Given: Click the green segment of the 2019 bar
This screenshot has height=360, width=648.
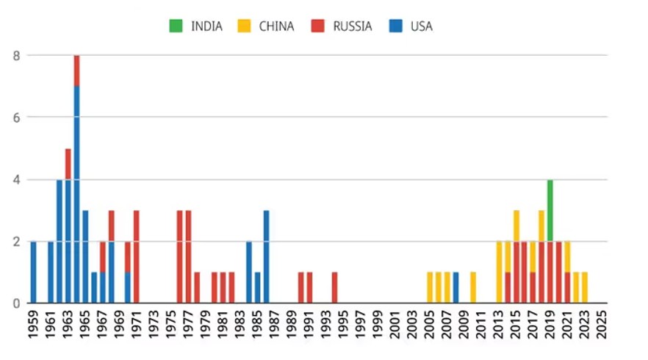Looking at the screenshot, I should pyautogui.click(x=550, y=210).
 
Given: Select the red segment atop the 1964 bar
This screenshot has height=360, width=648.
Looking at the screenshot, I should pyautogui.click(x=76, y=71).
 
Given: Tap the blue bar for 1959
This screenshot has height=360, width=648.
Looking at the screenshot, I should pyautogui.click(x=33, y=272).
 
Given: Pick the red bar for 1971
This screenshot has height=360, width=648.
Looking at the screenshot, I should pyautogui.click(x=137, y=256).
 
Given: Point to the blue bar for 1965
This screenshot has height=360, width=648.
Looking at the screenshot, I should pyautogui.click(x=85, y=256).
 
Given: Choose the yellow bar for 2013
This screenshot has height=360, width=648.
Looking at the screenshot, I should pyautogui.click(x=500, y=272).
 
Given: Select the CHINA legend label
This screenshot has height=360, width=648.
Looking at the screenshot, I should pyautogui.click(x=276, y=26).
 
